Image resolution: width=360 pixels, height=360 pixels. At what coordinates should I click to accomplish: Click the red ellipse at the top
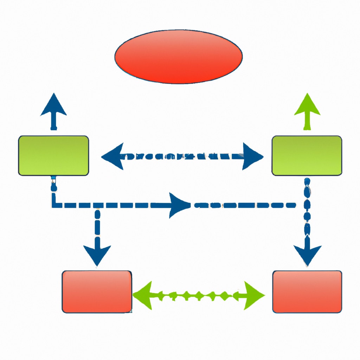pyautogui.click(x=178, y=56)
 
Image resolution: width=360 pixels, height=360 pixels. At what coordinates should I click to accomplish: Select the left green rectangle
pyautogui.click(x=53, y=155)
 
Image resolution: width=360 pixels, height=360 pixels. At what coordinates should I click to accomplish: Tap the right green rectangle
pyautogui.click(x=307, y=155)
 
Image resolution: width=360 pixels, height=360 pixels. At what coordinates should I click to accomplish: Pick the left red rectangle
pyautogui.click(x=97, y=291)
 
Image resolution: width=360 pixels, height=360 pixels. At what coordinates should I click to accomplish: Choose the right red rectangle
pyautogui.click(x=307, y=291)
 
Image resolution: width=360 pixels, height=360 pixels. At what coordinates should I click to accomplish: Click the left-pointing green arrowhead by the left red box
pyautogui.click(x=144, y=295)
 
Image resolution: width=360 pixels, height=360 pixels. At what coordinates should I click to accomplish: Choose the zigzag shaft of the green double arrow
pyautogui.click(x=197, y=295)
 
